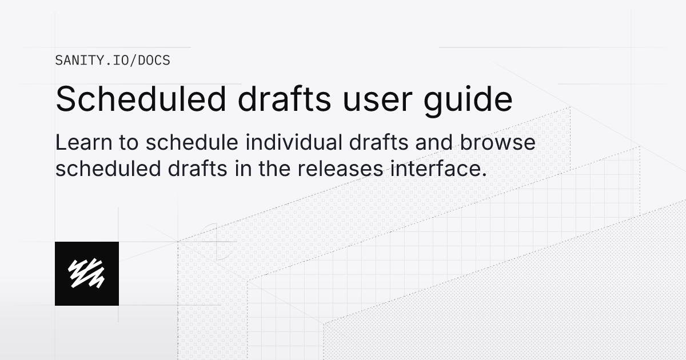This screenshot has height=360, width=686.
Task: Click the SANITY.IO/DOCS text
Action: pos(113,60)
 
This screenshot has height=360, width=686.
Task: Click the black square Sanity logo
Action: pos(87,273)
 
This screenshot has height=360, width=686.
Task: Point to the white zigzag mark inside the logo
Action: pos(87,273)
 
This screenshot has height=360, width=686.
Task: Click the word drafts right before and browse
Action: pos(387,143)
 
